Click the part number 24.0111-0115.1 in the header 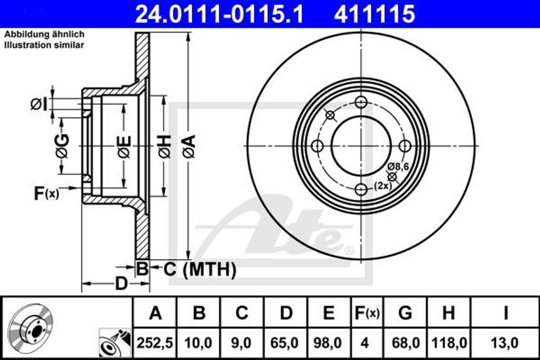tap(219, 14)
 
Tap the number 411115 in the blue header tap(374, 14)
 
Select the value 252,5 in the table tap(155, 343)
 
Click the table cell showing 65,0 tap(285, 343)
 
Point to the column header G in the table tap(405, 313)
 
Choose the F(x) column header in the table tap(367, 313)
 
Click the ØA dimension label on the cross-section tap(189, 147)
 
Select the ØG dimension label tap(62, 147)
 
